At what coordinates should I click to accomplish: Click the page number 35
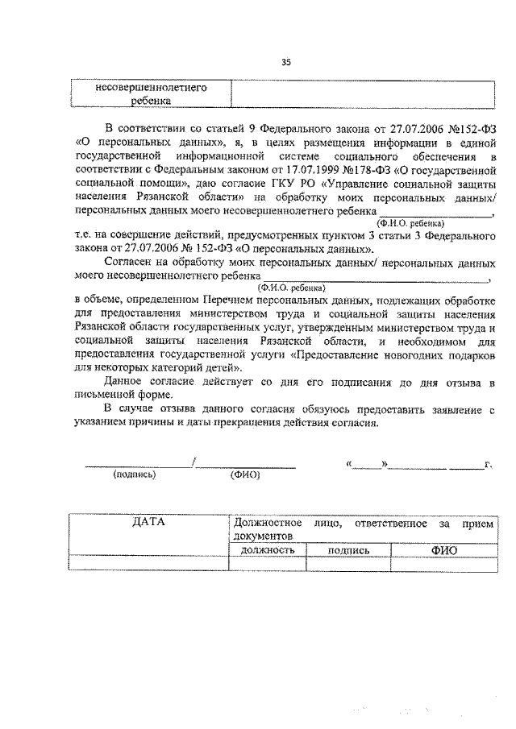pyautogui.click(x=285, y=64)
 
